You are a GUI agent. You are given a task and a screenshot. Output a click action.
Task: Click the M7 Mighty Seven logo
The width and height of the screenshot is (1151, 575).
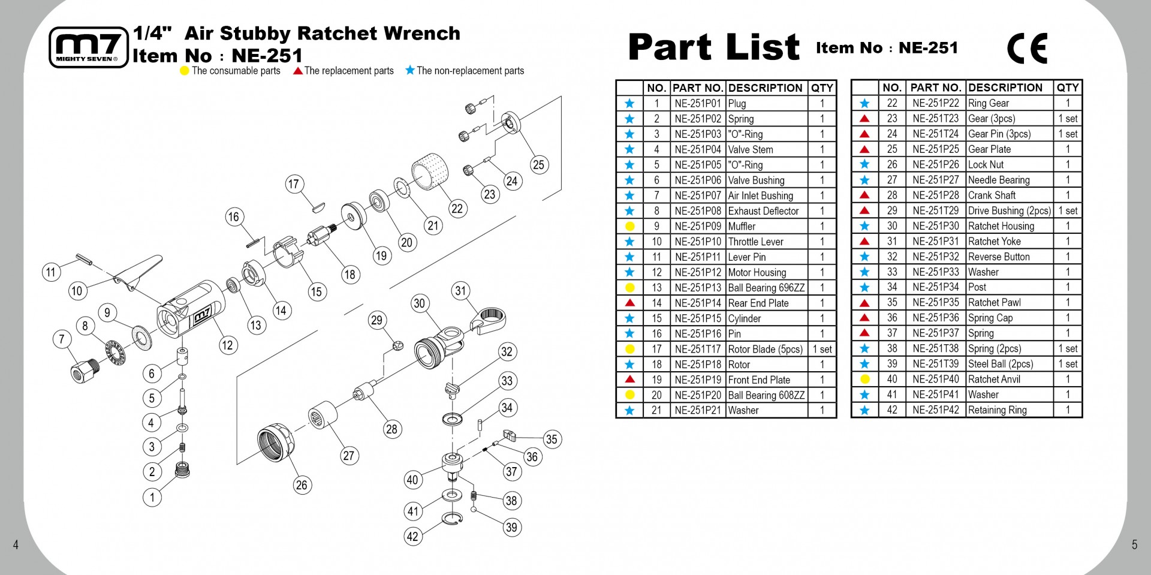click(x=89, y=47)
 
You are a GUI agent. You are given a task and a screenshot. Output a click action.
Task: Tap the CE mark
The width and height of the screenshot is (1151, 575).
click(x=1028, y=49)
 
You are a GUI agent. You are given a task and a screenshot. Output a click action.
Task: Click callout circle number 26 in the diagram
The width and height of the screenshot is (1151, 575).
click(x=302, y=485)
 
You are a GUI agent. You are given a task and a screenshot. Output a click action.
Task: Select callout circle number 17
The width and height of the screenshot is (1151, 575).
click(x=294, y=184)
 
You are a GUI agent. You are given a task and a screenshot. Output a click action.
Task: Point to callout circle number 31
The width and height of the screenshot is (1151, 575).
click(x=460, y=291)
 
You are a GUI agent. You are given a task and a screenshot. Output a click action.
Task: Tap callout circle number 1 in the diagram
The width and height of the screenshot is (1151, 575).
click(x=152, y=497)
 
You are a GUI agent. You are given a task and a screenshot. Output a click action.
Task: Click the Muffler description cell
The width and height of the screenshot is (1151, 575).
click(x=767, y=226)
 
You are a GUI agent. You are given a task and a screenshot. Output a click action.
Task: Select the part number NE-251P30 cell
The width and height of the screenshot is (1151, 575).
click(x=936, y=226)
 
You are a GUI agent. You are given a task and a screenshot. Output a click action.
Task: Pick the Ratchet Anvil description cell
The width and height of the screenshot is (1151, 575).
click(x=1010, y=379)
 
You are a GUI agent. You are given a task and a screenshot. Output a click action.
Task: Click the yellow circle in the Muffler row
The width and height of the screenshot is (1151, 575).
click(x=629, y=227)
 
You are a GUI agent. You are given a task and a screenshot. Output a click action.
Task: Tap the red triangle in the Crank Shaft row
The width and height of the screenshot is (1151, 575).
click(x=864, y=195)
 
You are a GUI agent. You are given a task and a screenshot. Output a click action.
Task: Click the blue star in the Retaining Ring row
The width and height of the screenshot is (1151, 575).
click(x=864, y=410)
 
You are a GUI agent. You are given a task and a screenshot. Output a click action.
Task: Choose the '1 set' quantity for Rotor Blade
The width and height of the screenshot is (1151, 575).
click(x=822, y=349)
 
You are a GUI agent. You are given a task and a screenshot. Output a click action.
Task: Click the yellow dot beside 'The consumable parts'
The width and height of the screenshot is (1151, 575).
click(x=185, y=71)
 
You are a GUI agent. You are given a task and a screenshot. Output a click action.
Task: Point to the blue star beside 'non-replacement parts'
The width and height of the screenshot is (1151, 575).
click(x=410, y=70)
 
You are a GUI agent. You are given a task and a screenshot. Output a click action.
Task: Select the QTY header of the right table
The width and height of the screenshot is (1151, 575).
click(x=1068, y=88)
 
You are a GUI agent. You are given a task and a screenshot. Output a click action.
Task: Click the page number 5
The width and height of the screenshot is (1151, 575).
click(x=1134, y=544)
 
